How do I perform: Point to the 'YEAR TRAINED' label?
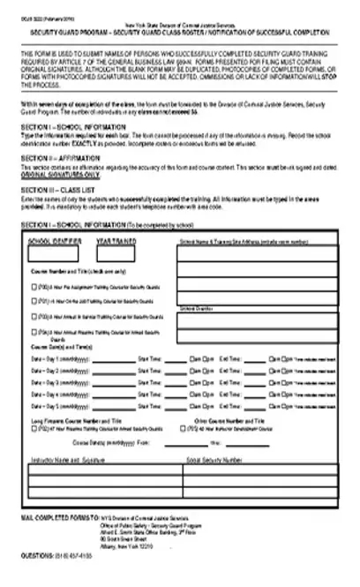coord(116,240)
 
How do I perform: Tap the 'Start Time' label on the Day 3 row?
coord(149,380)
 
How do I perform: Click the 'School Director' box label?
coord(197,309)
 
